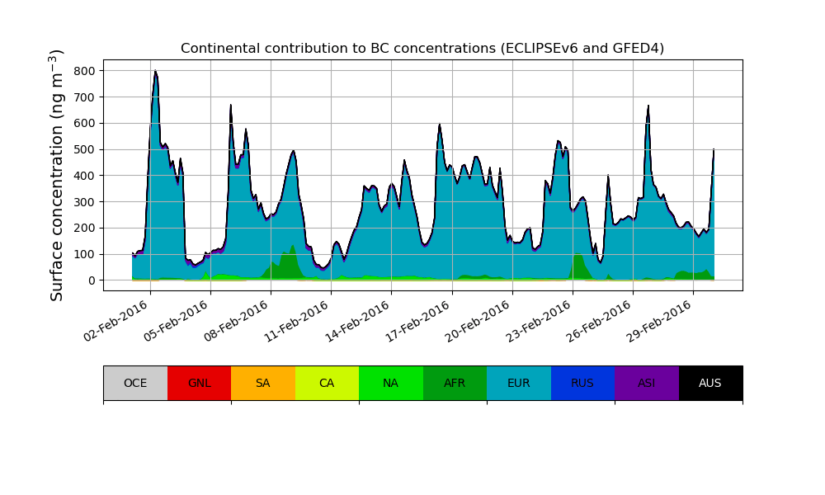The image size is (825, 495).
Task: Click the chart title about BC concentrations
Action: [x=422, y=48]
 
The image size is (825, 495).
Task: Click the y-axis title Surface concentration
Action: [x=57, y=175]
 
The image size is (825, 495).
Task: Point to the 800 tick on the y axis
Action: [x=84, y=71]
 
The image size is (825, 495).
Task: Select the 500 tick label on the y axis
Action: [x=84, y=149]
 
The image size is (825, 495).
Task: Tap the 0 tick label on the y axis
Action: [x=92, y=280]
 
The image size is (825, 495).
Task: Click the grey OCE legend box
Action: [x=135, y=383]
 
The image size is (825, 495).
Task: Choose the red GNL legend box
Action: [x=199, y=383]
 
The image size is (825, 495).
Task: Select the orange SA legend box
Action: [x=263, y=383]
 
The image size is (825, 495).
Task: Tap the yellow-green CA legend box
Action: [x=327, y=383]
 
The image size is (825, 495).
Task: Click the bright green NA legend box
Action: [x=391, y=383]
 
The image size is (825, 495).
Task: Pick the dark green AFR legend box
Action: [x=455, y=383]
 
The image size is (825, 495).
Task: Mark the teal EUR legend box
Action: [x=519, y=383]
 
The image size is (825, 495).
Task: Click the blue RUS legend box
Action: [x=582, y=383]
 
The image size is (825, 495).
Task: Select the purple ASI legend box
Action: [x=647, y=383]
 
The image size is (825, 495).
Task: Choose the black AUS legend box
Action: [x=710, y=383]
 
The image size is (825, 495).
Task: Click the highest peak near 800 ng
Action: [x=155, y=72]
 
